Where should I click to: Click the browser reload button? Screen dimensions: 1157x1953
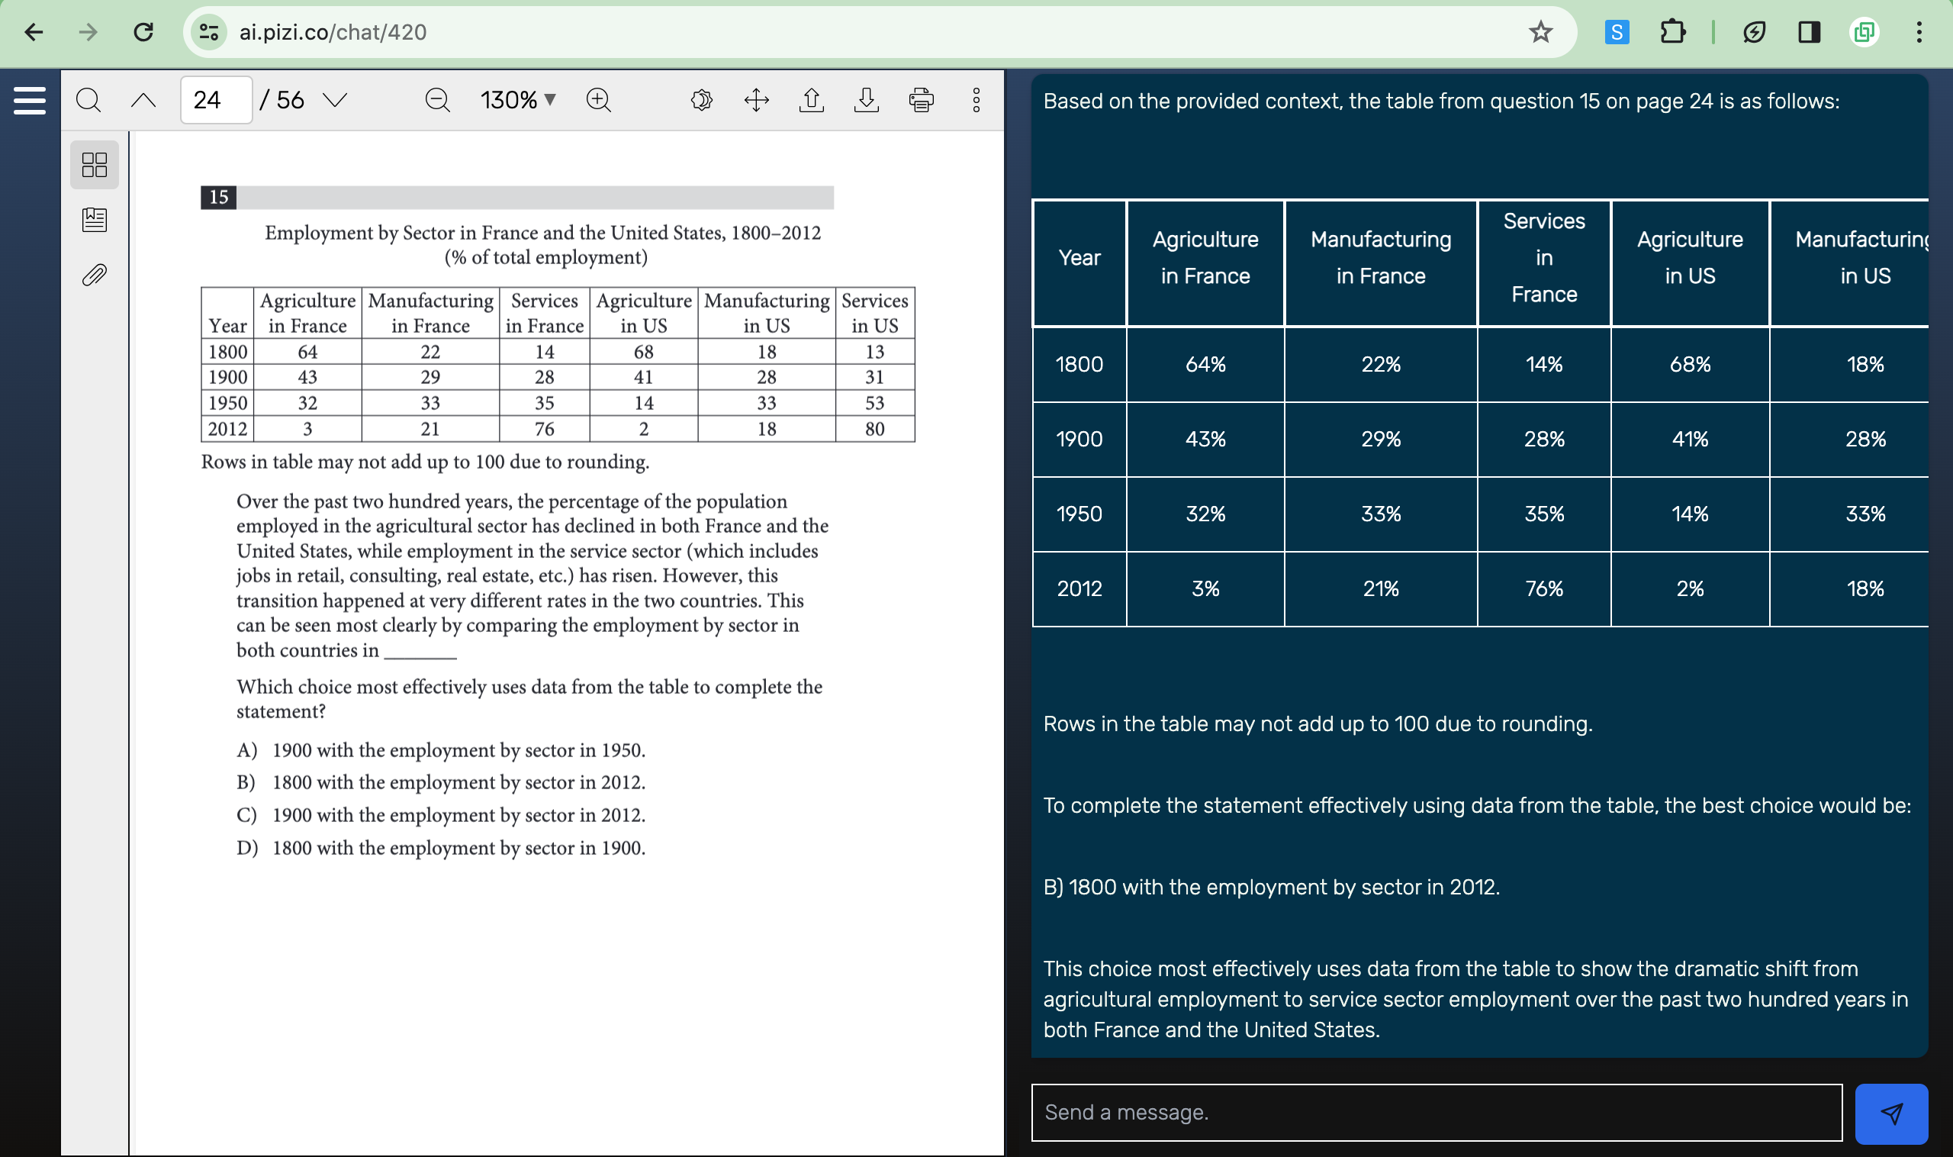(x=143, y=32)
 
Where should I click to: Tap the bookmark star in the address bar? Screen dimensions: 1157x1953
(x=1540, y=32)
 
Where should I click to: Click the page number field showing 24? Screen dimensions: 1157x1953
(x=216, y=100)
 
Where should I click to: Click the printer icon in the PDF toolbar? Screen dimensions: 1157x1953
(x=921, y=100)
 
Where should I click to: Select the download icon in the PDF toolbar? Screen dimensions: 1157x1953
(x=866, y=100)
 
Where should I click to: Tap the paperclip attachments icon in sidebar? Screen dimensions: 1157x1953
(x=95, y=275)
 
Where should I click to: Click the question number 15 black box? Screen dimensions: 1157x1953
(x=218, y=197)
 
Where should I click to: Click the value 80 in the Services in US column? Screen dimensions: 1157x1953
(x=874, y=429)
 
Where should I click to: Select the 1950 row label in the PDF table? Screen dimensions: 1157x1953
(x=227, y=403)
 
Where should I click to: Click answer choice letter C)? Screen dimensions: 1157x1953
(x=246, y=815)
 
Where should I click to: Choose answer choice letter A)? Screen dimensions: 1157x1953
(x=246, y=750)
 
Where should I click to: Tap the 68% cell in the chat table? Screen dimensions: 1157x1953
(x=1690, y=364)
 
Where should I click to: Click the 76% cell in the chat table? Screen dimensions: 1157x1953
(x=1543, y=588)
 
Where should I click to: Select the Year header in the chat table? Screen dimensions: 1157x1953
(x=1079, y=258)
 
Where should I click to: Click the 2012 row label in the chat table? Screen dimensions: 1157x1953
(x=1079, y=588)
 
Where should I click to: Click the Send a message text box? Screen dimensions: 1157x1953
(x=1436, y=1112)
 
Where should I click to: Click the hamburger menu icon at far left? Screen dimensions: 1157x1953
(x=30, y=101)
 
